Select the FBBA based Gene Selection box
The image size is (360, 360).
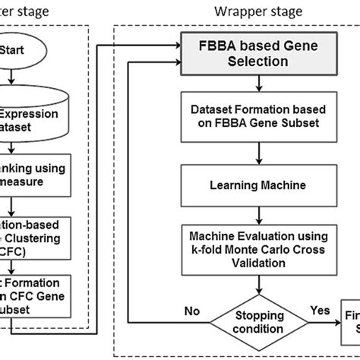pyautogui.click(x=238, y=53)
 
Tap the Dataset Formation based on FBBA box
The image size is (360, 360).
pyautogui.click(x=238, y=115)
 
